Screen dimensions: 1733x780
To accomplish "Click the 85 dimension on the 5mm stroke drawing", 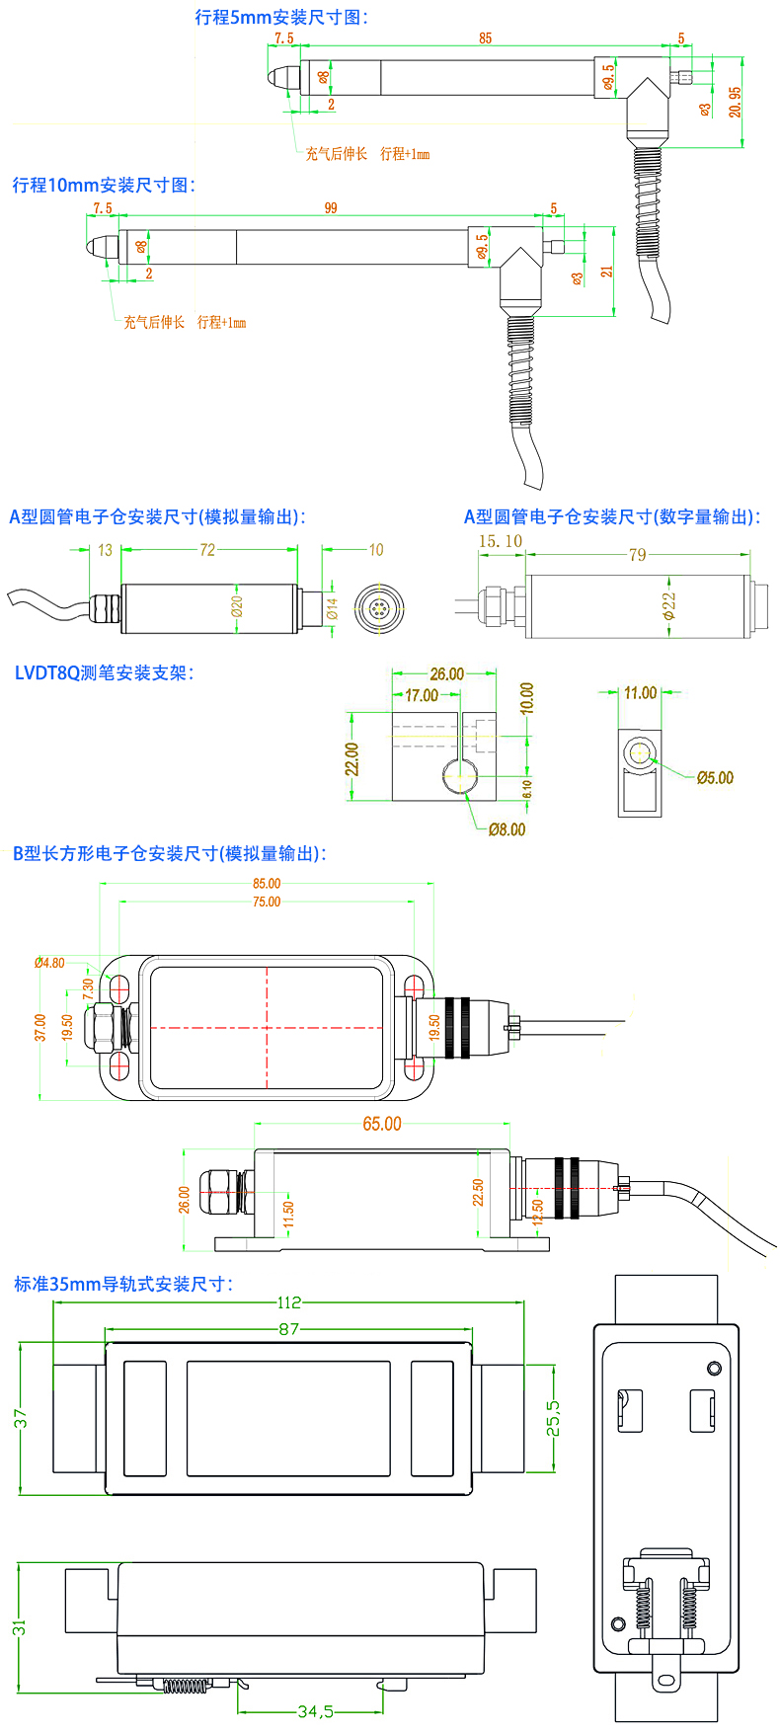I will point(485,39).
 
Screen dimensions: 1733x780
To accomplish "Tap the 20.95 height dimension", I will point(736,102).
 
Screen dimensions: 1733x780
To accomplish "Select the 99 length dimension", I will point(331,208).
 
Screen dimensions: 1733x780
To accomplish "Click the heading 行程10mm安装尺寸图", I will point(104,185).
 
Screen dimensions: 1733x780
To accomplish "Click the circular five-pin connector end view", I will point(375,607).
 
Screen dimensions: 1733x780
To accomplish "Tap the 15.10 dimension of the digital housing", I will point(501,541).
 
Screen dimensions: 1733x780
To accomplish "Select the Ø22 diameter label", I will point(668,605).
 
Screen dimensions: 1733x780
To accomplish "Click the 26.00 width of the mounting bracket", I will point(446,674).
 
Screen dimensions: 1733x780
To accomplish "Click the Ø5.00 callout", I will point(715,778).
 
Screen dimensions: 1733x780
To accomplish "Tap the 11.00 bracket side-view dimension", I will point(640,693).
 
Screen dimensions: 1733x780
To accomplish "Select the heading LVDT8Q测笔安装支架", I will point(105,673).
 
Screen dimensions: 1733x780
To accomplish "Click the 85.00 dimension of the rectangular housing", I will point(267,884).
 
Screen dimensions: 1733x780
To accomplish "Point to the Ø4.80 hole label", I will point(49,963).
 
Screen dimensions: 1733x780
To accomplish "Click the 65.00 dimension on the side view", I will point(382,1125).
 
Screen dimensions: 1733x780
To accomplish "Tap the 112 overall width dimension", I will point(288,1302).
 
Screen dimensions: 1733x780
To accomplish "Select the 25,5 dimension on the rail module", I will point(553,1418).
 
